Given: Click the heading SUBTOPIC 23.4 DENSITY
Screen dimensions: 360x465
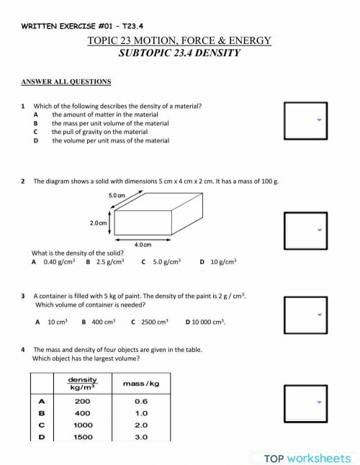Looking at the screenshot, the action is pos(179,53).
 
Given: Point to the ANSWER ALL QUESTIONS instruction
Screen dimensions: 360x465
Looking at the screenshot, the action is pos(66,82).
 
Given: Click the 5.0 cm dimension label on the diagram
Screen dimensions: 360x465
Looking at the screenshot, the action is pos(117,195).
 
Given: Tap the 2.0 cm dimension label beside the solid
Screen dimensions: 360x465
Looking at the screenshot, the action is pos(99,223).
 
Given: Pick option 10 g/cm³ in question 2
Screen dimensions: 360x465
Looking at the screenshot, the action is pos(222,263).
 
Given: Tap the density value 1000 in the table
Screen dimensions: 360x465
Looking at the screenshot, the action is pos(83,425).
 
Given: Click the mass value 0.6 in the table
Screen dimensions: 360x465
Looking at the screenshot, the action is pos(141,402).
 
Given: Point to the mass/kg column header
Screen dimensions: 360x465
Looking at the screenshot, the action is pos(141,384).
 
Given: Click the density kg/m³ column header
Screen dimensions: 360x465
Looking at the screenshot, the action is pos(83,384).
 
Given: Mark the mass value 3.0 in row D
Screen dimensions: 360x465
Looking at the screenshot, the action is pos(141,437).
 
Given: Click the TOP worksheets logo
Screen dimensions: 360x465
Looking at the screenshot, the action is pos(307,458).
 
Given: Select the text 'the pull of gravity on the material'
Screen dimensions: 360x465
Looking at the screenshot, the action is pos(99,132).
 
